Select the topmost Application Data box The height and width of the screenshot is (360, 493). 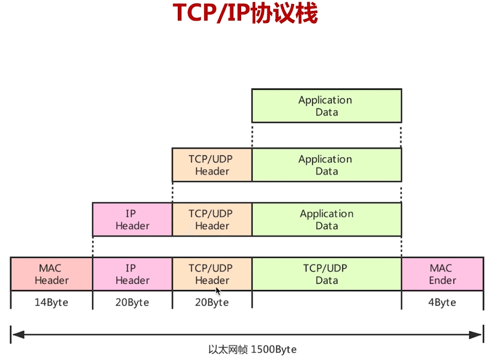click(x=327, y=106)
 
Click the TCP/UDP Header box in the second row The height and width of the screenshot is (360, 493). click(x=212, y=165)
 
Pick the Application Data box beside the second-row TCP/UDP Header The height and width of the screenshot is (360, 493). click(x=327, y=165)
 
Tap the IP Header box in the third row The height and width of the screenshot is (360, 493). click(x=132, y=220)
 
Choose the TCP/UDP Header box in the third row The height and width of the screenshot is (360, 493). click(x=212, y=220)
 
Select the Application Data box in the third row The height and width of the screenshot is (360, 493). click(x=327, y=220)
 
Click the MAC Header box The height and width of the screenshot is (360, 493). click(x=51, y=275)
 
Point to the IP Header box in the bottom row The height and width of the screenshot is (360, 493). click(x=132, y=275)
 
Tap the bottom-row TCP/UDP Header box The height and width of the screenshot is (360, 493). click(x=212, y=275)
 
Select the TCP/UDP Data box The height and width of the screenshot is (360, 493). click(x=327, y=275)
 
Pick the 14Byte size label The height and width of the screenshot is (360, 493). click(x=51, y=302)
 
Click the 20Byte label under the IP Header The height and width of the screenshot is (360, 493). click(x=132, y=302)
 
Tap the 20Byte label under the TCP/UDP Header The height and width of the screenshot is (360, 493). click(x=212, y=302)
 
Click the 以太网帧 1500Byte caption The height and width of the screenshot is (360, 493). click(x=252, y=349)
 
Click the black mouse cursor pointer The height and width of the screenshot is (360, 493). click(x=218, y=291)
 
